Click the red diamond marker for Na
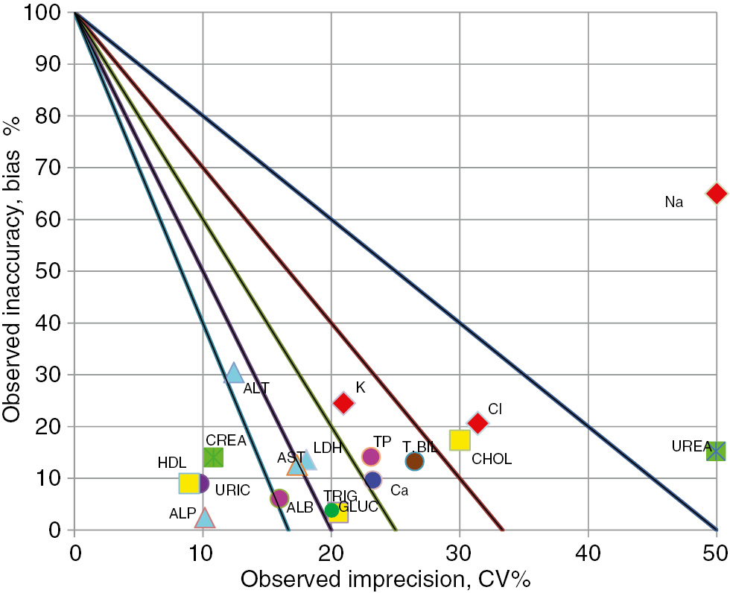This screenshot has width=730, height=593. coord(716,193)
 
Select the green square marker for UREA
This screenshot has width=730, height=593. coord(716,451)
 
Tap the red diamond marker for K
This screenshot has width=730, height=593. coord(343,402)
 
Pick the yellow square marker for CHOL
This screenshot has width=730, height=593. coord(460,440)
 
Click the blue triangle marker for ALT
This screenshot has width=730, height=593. coord(234,372)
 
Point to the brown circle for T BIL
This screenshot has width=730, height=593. coord(414,461)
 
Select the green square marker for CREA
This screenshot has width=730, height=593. coord(213,457)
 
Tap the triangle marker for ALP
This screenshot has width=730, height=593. coord(204,517)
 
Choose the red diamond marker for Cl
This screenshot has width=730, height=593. coord(477,423)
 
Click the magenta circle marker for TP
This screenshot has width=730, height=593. coord(371,456)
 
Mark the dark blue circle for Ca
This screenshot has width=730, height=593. coord(373,480)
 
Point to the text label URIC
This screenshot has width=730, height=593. coord(232,490)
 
